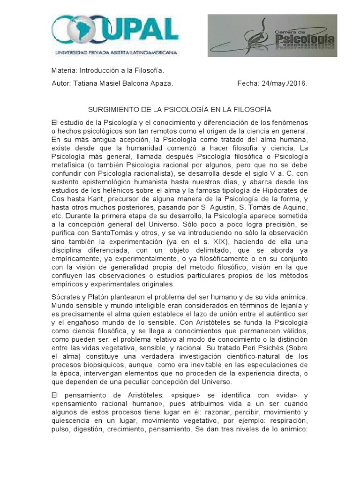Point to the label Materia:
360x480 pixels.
tap(64, 71)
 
